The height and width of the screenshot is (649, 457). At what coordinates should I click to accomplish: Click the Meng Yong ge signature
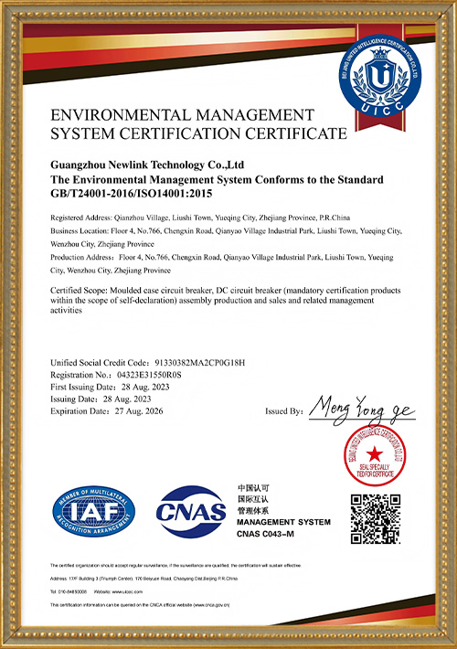(361, 407)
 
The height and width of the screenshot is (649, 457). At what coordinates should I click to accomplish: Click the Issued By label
(282, 411)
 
